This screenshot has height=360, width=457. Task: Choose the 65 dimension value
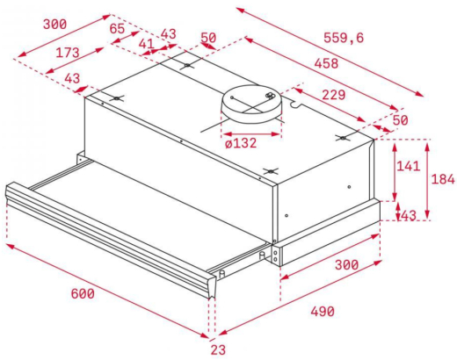(x=118, y=28)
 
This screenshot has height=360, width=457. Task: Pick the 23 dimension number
(x=218, y=350)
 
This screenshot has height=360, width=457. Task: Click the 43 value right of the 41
(x=167, y=34)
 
